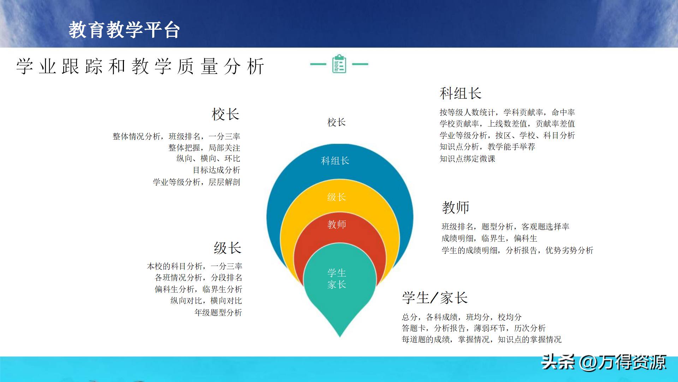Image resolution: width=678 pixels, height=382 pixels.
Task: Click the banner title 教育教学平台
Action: pyautogui.click(x=124, y=30)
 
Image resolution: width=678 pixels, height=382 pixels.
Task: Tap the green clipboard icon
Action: pyautogui.click(x=339, y=64)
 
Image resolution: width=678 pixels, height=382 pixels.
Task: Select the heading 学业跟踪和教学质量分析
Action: pyautogui.click(x=140, y=66)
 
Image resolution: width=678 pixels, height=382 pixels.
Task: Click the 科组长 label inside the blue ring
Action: pyautogui.click(x=335, y=161)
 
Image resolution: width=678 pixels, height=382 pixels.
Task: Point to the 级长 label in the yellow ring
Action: pyautogui.click(x=337, y=197)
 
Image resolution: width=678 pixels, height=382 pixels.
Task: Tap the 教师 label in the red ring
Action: pyautogui.click(x=337, y=224)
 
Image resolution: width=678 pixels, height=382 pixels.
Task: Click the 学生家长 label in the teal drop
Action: pyautogui.click(x=337, y=279)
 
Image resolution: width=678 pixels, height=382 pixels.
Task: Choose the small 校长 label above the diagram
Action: pyautogui.click(x=337, y=122)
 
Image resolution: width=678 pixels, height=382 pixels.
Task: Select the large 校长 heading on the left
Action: pyautogui.click(x=226, y=114)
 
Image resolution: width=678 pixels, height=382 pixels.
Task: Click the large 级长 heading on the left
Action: pyautogui.click(x=228, y=248)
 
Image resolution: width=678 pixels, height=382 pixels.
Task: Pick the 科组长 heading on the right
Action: pyautogui.click(x=460, y=93)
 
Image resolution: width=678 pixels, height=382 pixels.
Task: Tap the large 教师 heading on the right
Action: pyautogui.click(x=456, y=207)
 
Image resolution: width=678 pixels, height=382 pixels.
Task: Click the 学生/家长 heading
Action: pyautogui.click(x=435, y=298)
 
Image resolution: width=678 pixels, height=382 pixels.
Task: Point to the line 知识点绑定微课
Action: pyautogui.click(x=467, y=159)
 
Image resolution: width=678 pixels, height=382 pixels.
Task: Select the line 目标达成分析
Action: pyautogui.click(x=216, y=170)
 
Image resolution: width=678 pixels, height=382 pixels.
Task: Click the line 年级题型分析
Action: pyautogui.click(x=218, y=313)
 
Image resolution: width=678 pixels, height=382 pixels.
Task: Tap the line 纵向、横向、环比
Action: pyautogui.click(x=208, y=158)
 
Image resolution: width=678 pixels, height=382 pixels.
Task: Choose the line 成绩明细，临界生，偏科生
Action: pyautogui.click(x=489, y=238)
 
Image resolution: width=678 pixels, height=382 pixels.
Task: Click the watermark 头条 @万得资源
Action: pyautogui.click(x=603, y=362)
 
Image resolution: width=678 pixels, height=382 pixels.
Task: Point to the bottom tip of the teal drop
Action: pyautogui.click(x=340, y=337)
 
